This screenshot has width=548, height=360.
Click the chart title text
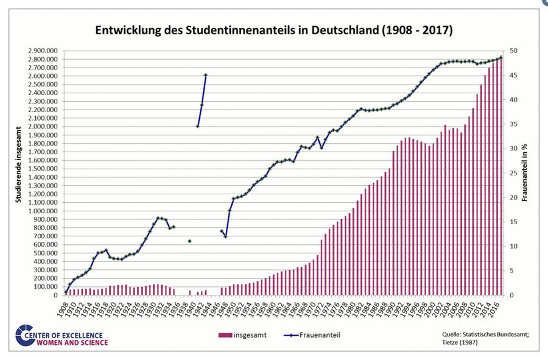point(274,30)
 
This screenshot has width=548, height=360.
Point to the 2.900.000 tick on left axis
point(43,51)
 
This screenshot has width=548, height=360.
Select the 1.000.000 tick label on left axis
point(43,211)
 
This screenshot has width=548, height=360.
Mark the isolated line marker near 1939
point(189,241)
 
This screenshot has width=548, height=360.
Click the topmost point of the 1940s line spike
point(206,75)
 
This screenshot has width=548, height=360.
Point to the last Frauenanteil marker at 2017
point(501,57)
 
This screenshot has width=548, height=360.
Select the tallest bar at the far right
point(501,177)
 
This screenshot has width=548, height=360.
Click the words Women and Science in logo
point(73,342)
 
